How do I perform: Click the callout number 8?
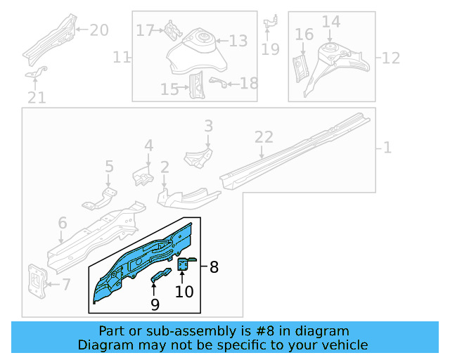(x=214, y=267)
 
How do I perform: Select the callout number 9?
(x=155, y=304)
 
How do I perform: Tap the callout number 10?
(x=184, y=291)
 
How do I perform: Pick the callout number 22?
(x=263, y=138)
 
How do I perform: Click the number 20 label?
(x=99, y=30)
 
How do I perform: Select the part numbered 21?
(x=37, y=72)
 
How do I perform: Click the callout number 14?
(x=330, y=22)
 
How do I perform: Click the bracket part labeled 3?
(x=199, y=157)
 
